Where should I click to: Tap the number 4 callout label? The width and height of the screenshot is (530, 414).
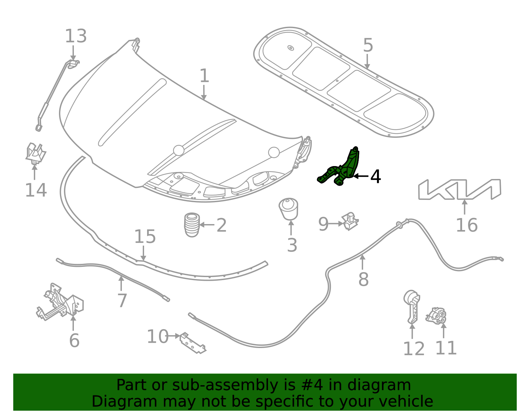click(375, 176)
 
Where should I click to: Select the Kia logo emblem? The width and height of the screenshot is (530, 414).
click(459, 189)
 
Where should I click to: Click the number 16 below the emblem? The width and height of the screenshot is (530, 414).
click(467, 225)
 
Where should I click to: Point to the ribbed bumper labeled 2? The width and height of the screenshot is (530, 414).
click(192, 225)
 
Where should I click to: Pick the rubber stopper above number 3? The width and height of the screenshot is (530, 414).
click(289, 209)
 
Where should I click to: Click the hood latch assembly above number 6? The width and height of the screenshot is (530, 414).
click(60, 302)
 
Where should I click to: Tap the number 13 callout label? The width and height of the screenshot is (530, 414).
click(76, 36)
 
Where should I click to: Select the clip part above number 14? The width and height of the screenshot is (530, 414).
click(36, 153)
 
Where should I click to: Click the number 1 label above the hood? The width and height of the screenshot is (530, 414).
click(204, 76)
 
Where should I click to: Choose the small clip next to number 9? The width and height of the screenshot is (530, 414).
click(350, 221)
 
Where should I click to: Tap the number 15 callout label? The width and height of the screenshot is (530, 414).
click(145, 237)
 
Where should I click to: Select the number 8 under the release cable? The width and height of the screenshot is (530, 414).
click(363, 279)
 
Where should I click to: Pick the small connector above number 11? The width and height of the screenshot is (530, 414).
click(436, 316)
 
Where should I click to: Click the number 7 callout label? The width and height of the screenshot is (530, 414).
click(122, 301)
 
